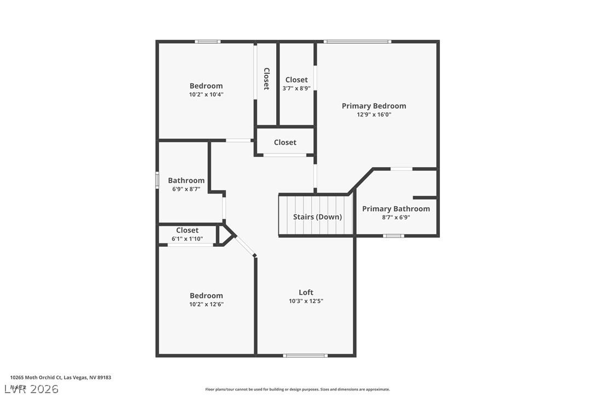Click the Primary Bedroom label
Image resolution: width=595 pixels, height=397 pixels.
(x=374, y=106)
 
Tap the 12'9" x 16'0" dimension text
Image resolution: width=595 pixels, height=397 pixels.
(x=374, y=115)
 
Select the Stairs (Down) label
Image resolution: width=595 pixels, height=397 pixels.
(x=317, y=217)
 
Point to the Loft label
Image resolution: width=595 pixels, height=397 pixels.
(x=306, y=292)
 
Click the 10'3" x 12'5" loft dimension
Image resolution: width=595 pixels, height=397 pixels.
(x=306, y=301)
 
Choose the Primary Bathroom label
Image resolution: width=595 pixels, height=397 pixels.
(x=396, y=208)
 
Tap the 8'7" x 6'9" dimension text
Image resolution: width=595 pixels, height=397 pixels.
(x=396, y=217)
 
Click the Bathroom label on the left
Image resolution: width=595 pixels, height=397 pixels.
(x=186, y=180)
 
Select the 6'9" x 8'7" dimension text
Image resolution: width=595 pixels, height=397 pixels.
(x=186, y=189)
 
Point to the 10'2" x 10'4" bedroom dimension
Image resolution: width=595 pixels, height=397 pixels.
(x=206, y=94)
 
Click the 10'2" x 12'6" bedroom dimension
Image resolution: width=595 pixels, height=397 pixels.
(x=206, y=304)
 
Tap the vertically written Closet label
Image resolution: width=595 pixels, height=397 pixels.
(x=266, y=79)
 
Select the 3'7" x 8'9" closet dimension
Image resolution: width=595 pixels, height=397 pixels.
(x=296, y=88)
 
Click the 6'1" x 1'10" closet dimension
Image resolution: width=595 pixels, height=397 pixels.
(x=187, y=239)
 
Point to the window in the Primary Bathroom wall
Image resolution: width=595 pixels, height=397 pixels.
(x=393, y=236)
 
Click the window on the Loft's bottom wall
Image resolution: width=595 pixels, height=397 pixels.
(x=305, y=355)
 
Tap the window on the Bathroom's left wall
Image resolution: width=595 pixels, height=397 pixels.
(x=157, y=180)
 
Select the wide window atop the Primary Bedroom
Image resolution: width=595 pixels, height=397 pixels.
(x=357, y=42)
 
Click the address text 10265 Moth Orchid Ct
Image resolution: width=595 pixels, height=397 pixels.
(x=60, y=377)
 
